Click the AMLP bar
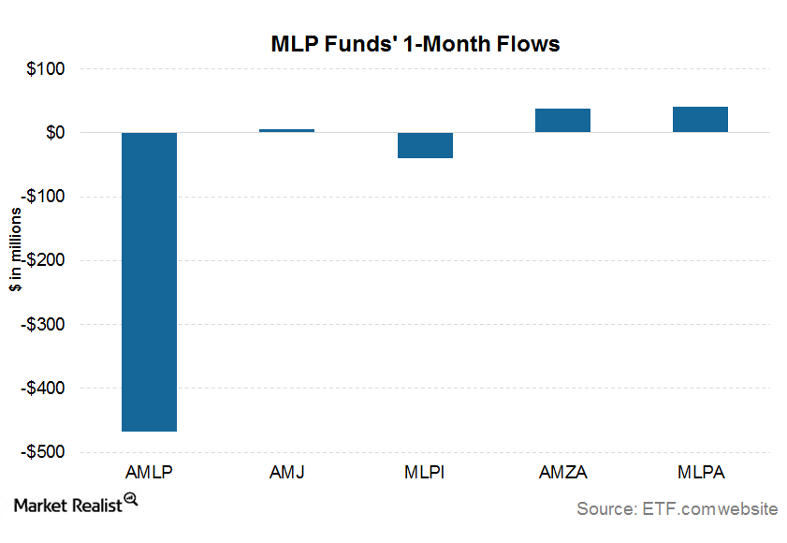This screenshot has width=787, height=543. (149, 281)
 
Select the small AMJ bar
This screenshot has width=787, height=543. (286, 130)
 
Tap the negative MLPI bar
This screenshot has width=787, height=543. (425, 145)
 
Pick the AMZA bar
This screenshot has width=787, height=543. (562, 120)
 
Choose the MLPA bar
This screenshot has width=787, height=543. (700, 119)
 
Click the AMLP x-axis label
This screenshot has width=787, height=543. (149, 472)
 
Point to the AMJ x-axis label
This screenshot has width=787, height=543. (286, 472)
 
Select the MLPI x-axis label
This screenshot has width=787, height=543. (425, 472)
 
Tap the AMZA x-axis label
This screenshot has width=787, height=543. (562, 472)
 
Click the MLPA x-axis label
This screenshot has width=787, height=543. (700, 472)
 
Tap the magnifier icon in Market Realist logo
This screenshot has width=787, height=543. (131, 501)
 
